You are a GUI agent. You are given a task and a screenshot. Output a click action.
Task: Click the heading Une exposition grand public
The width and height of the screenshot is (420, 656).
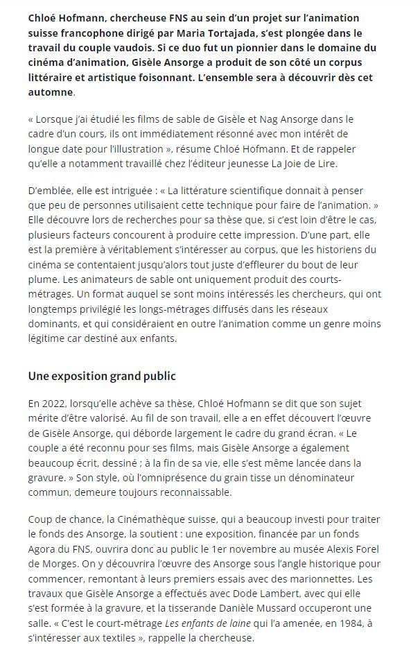click(x=102, y=376)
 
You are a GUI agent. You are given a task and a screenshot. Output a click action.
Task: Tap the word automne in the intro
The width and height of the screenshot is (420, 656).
click(x=49, y=92)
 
